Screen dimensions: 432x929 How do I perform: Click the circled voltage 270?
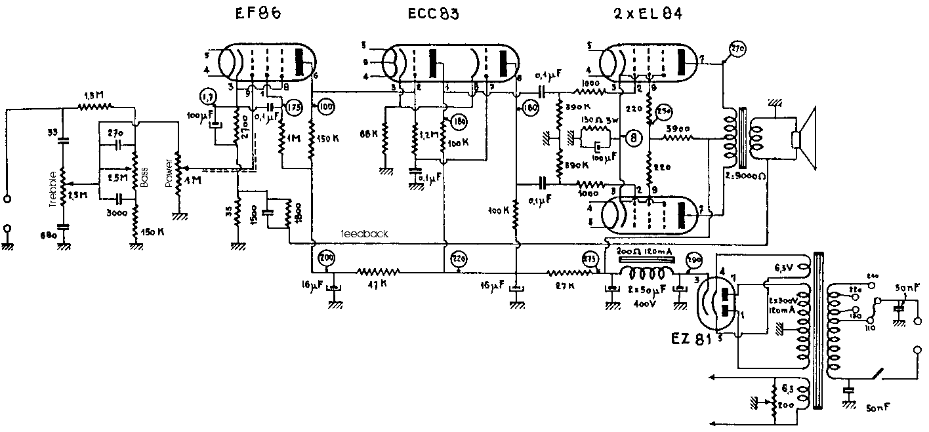pyautogui.click(x=737, y=49)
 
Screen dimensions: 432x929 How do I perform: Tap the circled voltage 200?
pyautogui.click(x=325, y=258)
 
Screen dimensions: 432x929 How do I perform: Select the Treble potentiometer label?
pyautogui.click(x=52, y=191)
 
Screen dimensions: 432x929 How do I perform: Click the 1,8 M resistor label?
pyautogui.click(x=94, y=95)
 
